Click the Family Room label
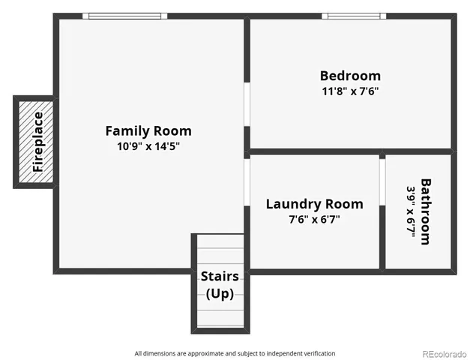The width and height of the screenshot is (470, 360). point(148,130)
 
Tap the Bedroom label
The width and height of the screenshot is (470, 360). point(350,76)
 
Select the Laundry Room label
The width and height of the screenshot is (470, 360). point(314,204)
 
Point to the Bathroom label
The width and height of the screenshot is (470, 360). point(425,211)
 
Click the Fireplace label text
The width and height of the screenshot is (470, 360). point(38,142)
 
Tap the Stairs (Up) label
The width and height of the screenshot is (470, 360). point(220,284)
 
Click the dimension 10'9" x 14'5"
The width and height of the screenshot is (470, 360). point(148,146)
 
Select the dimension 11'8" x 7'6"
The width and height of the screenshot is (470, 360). point(350,91)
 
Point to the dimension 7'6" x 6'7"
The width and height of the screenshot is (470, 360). point(314,219)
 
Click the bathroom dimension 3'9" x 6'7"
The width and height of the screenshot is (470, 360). point(411,211)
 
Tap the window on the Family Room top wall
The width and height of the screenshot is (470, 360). point(124,16)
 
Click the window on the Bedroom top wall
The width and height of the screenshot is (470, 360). point(354,16)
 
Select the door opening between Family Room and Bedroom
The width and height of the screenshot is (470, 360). point(247,103)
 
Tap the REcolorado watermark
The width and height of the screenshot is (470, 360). point(443,353)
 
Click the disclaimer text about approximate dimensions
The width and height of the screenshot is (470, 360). point(235,353)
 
